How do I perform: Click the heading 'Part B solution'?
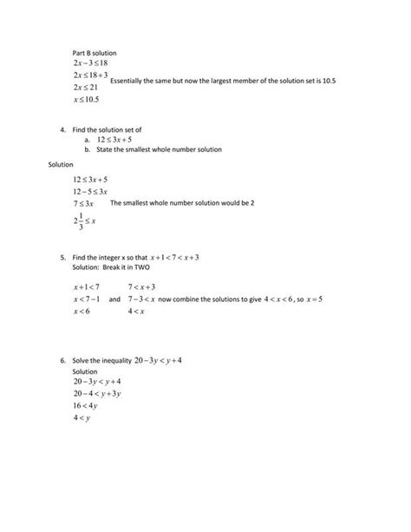click(94, 53)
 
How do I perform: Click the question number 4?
click(63, 129)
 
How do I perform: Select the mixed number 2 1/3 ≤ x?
click(84, 221)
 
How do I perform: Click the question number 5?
click(63, 258)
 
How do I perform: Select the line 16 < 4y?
click(87, 405)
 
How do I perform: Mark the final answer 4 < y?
click(82, 417)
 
